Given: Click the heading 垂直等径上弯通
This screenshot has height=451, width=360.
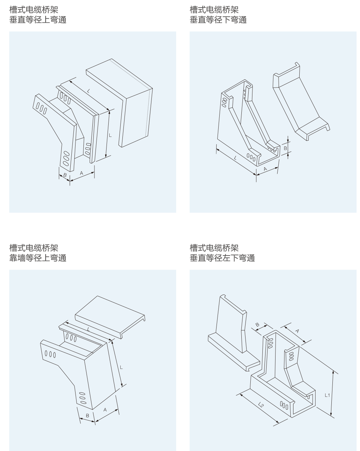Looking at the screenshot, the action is (x=38, y=20).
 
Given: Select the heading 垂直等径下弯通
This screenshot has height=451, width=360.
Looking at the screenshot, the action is (x=218, y=20).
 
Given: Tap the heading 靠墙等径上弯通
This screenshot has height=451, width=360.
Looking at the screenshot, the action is (x=38, y=258).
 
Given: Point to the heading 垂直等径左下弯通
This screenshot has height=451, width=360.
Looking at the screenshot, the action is (x=222, y=258).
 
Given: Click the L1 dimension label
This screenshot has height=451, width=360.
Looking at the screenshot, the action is (x=327, y=395).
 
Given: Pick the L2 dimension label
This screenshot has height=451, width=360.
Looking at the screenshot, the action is (x=261, y=405).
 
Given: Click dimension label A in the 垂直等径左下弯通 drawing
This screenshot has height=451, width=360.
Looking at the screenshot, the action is (x=297, y=331).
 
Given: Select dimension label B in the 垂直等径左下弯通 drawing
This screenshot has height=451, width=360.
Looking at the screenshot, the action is (x=258, y=325).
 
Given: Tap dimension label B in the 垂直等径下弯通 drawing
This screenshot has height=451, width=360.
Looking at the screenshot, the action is (x=285, y=148).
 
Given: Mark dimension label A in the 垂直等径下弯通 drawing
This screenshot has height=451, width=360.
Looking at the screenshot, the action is (x=265, y=169).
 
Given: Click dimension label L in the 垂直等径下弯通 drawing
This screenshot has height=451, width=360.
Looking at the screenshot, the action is (x=235, y=158).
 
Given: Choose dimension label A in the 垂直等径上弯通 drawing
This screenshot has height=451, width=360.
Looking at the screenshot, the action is (x=82, y=173).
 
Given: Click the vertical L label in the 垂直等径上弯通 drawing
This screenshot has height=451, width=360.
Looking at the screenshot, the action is (x=110, y=136).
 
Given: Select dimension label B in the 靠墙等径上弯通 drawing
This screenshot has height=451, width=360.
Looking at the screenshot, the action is (x=88, y=415).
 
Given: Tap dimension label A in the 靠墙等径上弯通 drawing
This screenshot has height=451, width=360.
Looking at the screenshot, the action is (x=105, y=410).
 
